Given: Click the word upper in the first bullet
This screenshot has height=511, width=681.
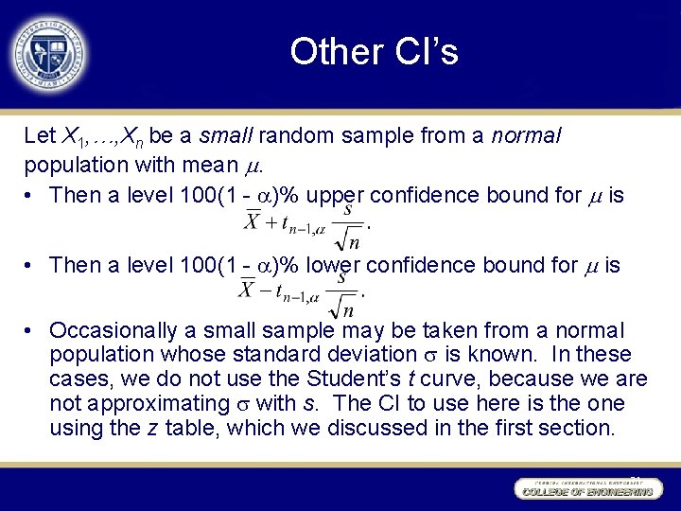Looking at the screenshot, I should click(x=336, y=195).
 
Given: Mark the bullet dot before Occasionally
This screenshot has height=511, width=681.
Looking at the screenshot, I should click(x=31, y=331).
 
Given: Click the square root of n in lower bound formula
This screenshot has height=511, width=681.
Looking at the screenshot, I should click(x=343, y=305).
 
